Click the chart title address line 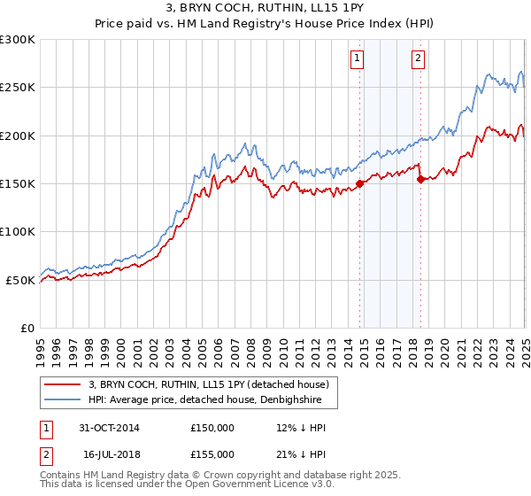point(265,8)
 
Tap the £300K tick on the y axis point(18,40)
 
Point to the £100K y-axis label point(18,232)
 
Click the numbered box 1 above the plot point(357,59)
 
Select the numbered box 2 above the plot point(417,59)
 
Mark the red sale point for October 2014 point(360,184)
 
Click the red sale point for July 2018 point(420,179)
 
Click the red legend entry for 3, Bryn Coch point(208,384)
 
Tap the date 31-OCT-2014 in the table point(109,428)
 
